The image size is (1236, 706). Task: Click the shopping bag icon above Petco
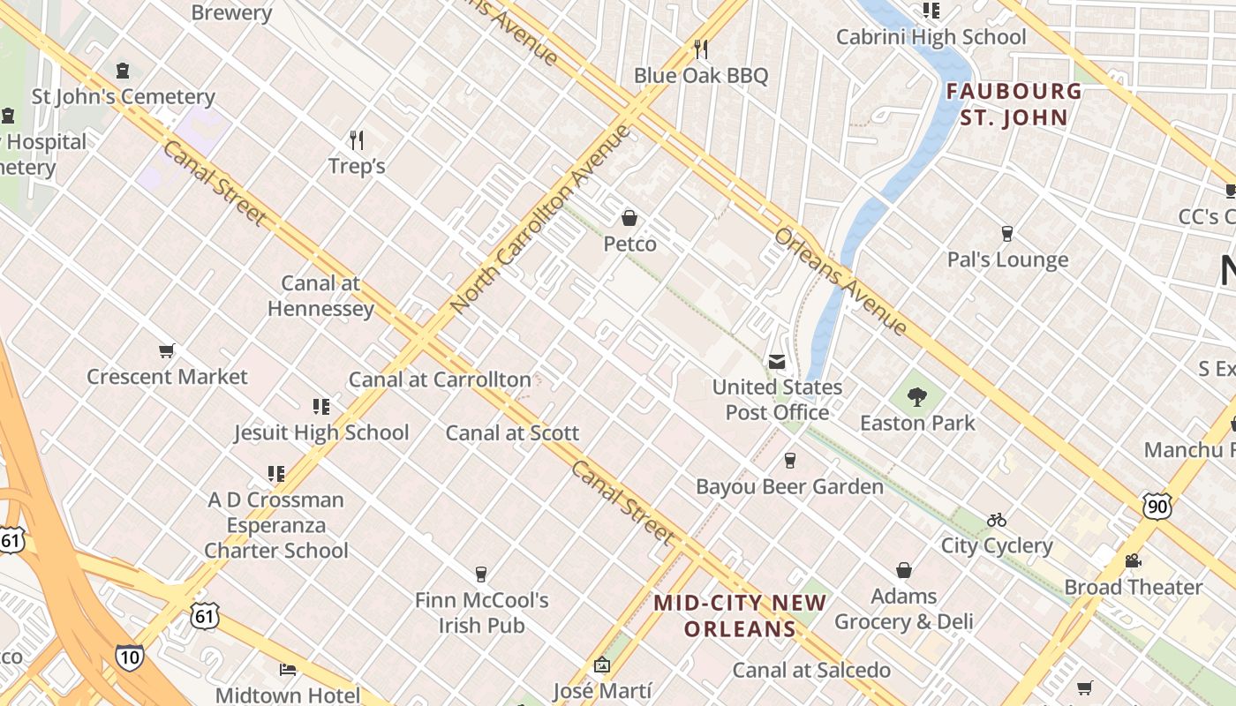click(x=629, y=217)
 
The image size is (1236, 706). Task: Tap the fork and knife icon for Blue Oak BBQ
click(x=701, y=49)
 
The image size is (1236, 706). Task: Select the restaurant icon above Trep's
click(x=357, y=139)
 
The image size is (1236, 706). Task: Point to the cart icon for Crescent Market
click(x=167, y=350)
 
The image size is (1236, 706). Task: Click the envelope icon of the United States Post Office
click(x=777, y=361)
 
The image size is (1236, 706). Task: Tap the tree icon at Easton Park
click(x=917, y=397)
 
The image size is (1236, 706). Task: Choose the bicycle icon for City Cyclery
click(x=997, y=519)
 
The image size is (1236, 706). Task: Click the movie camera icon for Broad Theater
click(x=1133, y=560)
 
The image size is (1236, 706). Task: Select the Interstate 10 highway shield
click(x=129, y=657)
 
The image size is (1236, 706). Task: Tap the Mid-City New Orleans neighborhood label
click(x=740, y=615)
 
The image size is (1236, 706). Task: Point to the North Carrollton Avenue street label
click(x=542, y=219)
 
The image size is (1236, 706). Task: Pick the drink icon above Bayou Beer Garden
click(x=789, y=460)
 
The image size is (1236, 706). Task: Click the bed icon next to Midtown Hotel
click(x=287, y=669)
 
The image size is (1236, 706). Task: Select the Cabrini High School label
click(x=931, y=37)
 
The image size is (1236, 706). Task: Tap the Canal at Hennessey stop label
click(x=320, y=296)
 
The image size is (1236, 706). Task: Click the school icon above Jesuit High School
click(x=321, y=406)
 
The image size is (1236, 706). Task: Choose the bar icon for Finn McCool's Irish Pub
click(x=481, y=575)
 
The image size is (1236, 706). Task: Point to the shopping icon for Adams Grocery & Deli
click(x=903, y=570)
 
